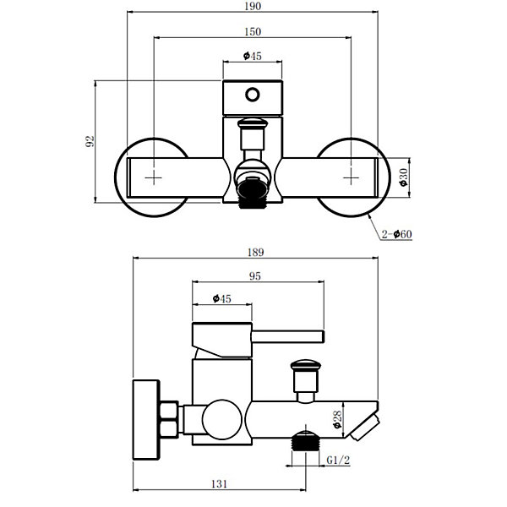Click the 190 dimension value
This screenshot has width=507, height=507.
253,6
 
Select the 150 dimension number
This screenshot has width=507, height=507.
253,32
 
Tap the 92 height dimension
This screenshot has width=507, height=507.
90,141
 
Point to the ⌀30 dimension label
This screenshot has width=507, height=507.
404,177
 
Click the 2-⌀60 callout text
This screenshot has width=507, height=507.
397,234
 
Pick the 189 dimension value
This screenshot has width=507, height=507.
255,252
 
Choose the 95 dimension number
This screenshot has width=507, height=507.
255,276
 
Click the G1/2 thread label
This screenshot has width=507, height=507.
338,460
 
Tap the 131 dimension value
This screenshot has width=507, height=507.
219,484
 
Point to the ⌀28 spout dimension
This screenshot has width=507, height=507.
337,419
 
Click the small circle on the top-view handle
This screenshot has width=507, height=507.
252,95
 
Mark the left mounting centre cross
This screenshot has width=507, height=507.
154,177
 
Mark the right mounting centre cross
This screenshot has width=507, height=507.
352,177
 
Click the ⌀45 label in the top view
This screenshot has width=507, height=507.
252,56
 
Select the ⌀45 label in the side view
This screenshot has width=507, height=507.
222,298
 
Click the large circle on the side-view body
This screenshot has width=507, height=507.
221,419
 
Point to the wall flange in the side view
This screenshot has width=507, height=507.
146,420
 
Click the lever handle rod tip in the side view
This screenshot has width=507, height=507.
323,336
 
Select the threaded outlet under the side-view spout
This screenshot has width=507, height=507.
306,441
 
